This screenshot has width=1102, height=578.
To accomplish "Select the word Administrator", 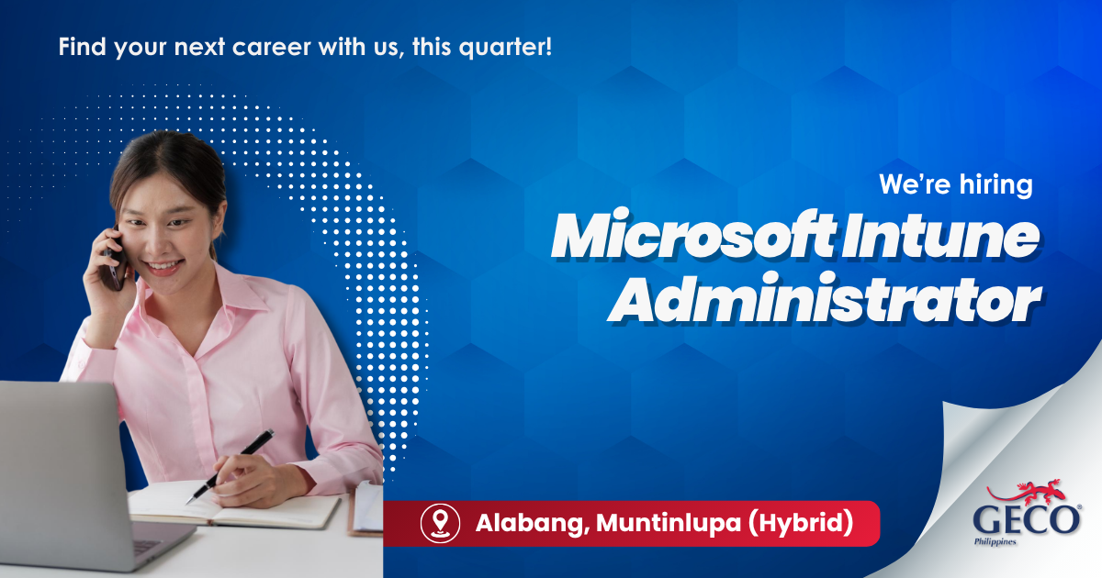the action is click(x=825, y=298).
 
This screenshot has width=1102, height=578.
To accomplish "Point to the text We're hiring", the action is click(x=956, y=184).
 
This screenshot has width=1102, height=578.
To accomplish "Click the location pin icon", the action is click(x=440, y=524).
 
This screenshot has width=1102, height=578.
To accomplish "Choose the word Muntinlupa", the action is click(x=669, y=522).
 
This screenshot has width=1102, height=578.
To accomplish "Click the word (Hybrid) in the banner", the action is click(x=801, y=522).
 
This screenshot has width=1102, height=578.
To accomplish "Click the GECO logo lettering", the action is click(x=1027, y=520).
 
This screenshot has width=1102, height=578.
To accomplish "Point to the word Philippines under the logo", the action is click(x=995, y=542).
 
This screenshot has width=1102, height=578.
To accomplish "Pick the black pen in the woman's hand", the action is click(x=230, y=466).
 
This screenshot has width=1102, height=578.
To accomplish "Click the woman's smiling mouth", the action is click(x=163, y=267).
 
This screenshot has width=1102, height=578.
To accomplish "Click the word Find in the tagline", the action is click(x=82, y=47).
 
